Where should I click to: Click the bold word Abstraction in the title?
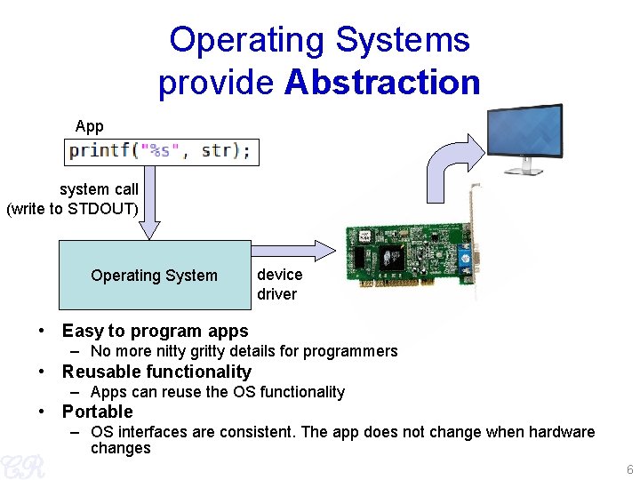[x=382, y=83]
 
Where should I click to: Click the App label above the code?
[x=90, y=126]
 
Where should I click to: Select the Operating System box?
[x=154, y=275]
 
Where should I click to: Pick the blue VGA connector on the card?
[x=464, y=261]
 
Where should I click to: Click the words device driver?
[x=279, y=284]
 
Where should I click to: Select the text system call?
[x=99, y=189]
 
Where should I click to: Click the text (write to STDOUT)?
[x=73, y=210]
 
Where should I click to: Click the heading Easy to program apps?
[x=155, y=331]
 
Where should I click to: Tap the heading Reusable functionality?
[x=156, y=372]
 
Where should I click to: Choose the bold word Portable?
[x=97, y=412]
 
